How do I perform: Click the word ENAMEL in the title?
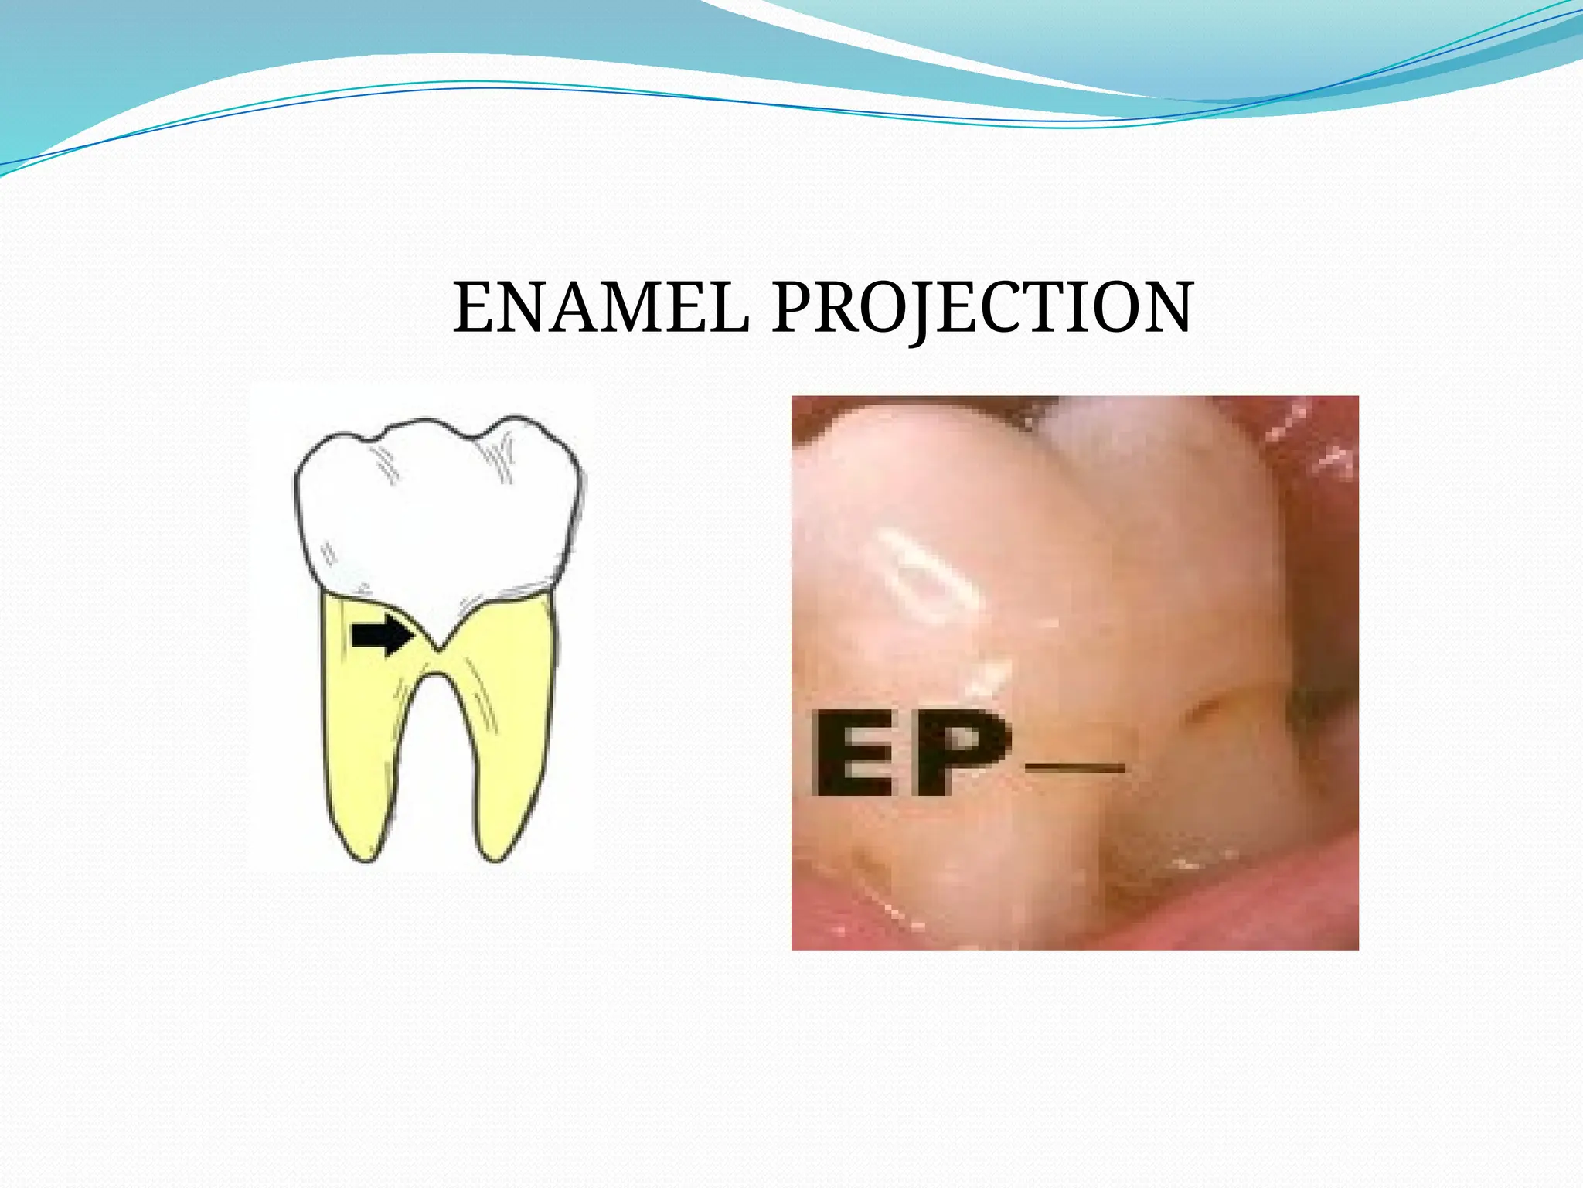click(x=601, y=308)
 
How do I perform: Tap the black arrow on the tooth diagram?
click(x=382, y=636)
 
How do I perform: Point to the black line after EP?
click(x=1074, y=768)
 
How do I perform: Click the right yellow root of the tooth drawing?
click(x=510, y=742)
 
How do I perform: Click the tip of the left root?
click(x=363, y=857)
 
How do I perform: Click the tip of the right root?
click(x=495, y=857)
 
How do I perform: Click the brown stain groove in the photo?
click(x=1206, y=708)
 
